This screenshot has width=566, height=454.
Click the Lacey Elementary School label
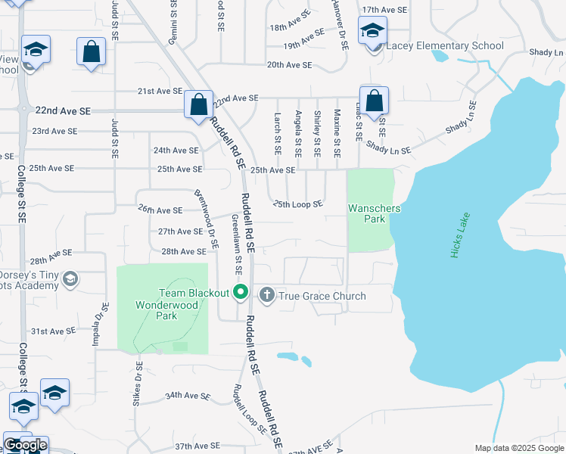(x=445, y=45)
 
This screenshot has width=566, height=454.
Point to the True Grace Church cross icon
(x=266, y=296)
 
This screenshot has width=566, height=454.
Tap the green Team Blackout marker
(x=241, y=291)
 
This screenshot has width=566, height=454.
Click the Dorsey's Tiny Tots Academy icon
(x=70, y=279)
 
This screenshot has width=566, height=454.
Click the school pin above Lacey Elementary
(x=372, y=32)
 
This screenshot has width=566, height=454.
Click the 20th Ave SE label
(x=289, y=65)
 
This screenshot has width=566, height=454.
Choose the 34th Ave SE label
(x=187, y=396)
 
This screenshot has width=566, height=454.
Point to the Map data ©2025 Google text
(x=519, y=448)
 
